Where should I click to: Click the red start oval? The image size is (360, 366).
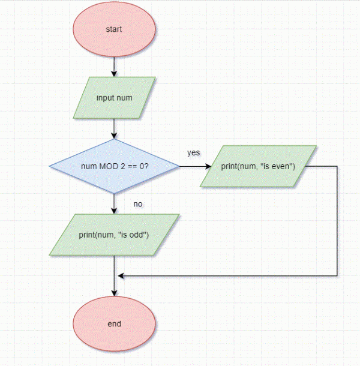click(x=114, y=29)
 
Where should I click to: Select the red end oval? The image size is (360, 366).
click(x=114, y=324)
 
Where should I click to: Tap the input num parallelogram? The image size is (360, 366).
click(x=114, y=97)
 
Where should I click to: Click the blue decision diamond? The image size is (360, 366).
click(x=114, y=166)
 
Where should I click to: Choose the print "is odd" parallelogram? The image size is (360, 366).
click(x=114, y=235)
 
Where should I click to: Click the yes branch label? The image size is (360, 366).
click(x=193, y=152)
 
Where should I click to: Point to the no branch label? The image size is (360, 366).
click(x=138, y=204)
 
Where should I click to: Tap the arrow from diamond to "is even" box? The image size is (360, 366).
click(x=192, y=166)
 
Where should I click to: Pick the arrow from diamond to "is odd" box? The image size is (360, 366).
click(x=114, y=203)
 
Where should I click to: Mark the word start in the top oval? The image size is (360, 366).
click(x=114, y=29)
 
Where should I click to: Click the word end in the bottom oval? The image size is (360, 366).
click(x=114, y=324)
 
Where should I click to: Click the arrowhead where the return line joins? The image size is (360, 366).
click(x=121, y=276)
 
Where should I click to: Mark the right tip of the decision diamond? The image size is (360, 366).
click(x=179, y=166)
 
